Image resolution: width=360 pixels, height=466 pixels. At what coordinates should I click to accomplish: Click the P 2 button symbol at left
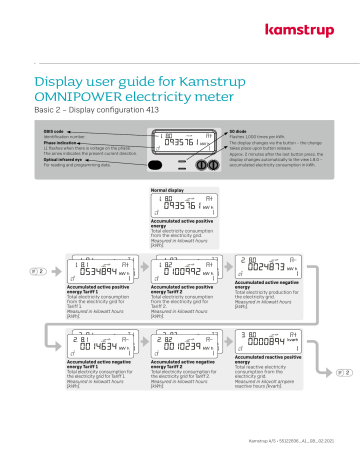point(35,271)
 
